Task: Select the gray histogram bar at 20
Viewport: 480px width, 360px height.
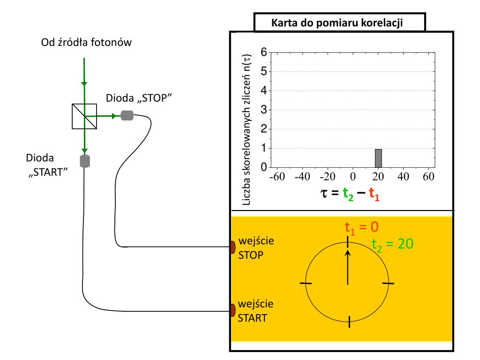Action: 378,158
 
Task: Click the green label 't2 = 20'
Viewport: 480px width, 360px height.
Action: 392,243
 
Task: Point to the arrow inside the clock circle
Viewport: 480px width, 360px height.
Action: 347,267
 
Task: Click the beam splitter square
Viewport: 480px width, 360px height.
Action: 84,116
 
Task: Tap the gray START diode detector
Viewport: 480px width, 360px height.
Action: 85,161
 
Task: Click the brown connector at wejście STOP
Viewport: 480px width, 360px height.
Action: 232,247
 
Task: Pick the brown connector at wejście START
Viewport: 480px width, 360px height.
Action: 232,310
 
